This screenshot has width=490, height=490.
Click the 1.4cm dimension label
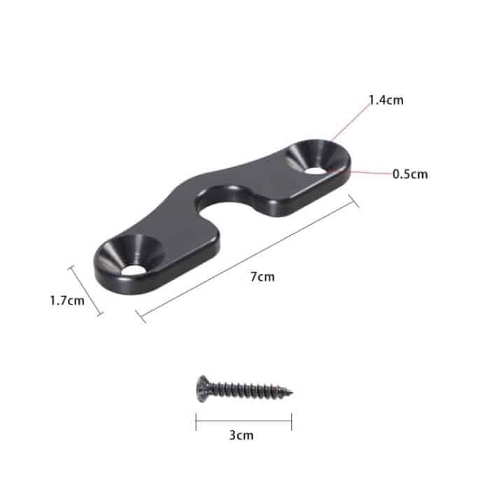tap(386, 100)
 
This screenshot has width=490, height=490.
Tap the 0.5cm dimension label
tap(409, 174)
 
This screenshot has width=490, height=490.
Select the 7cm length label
tap(262, 276)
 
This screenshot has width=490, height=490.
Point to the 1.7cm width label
tap(67, 301)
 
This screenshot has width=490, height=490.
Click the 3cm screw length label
tap(241, 435)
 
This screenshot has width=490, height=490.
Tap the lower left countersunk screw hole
tap(129, 256)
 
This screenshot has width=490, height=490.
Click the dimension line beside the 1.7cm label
tap(86, 290)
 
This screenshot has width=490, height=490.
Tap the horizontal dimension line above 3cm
tap(244, 421)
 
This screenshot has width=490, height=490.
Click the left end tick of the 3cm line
tap(196, 421)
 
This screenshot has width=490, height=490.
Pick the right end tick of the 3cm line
tap(291, 421)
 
